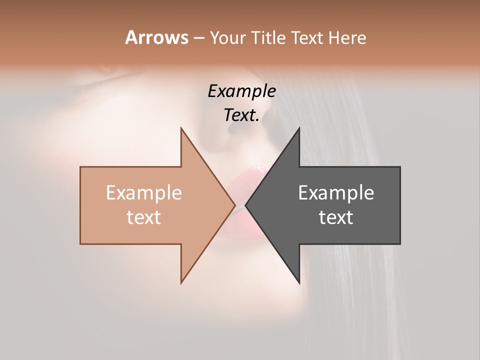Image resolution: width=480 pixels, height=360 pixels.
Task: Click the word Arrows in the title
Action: (156, 37)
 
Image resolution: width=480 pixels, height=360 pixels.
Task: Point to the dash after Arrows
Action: (198, 38)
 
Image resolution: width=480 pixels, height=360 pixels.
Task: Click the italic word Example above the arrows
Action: (242, 91)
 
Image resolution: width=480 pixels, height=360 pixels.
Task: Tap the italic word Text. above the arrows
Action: (242, 115)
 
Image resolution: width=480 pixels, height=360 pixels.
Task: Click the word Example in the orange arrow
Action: (144, 192)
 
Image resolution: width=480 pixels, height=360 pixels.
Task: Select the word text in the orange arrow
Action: (144, 217)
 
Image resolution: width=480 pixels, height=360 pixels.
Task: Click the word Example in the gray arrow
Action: (336, 192)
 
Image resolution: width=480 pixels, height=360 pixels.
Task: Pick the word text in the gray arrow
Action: (336, 217)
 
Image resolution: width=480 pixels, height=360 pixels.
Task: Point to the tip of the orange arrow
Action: (234, 205)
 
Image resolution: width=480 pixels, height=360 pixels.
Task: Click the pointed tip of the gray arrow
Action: (245, 205)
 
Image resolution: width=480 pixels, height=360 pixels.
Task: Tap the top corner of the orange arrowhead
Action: (181, 128)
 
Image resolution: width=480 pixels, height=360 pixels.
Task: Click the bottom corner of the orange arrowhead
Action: (181, 283)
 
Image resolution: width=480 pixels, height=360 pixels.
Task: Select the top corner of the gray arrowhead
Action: (299, 128)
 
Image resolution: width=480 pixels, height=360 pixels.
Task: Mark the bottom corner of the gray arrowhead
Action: (299, 283)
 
